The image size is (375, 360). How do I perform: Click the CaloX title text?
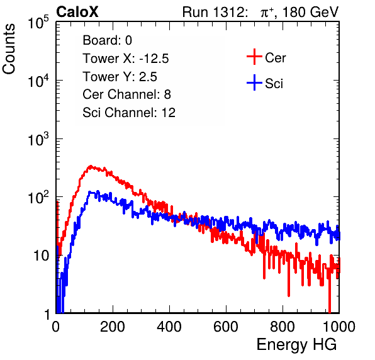pyautogui.click(x=77, y=12)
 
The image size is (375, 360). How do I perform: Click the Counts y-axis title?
pyautogui.click(x=9, y=49)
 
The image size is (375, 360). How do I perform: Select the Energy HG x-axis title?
pyautogui.click(x=296, y=345)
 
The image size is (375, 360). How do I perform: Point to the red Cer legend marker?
pyautogui.click(x=254, y=57)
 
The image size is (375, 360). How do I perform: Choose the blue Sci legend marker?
pyautogui.click(x=254, y=82)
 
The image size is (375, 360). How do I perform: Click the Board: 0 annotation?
pyautogui.click(x=107, y=40)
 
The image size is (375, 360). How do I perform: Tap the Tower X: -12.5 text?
pyautogui.click(x=126, y=59)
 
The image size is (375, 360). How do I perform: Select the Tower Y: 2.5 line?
pyautogui.click(x=120, y=77)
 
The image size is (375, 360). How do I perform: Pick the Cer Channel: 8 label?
pyautogui.click(x=126, y=94)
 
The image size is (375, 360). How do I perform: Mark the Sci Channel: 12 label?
pyautogui.click(x=129, y=113)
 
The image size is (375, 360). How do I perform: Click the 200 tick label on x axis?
pyautogui.click(x=113, y=327)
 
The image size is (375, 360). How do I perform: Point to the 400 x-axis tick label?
pyautogui.click(x=169, y=327)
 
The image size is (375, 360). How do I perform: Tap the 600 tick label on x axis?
pyautogui.click(x=226, y=327)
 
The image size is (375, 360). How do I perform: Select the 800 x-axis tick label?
pyautogui.click(x=283, y=327)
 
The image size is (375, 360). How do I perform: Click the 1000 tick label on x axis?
pyautogui.click(x=339, y=327)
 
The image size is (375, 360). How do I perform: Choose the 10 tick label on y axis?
pyautogui.click(x=41, y=256)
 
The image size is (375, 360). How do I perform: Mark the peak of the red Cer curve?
pyautogui.click(x=91, y=166)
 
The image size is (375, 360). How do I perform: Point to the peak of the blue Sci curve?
pyautogui.click(x=90, y=192)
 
